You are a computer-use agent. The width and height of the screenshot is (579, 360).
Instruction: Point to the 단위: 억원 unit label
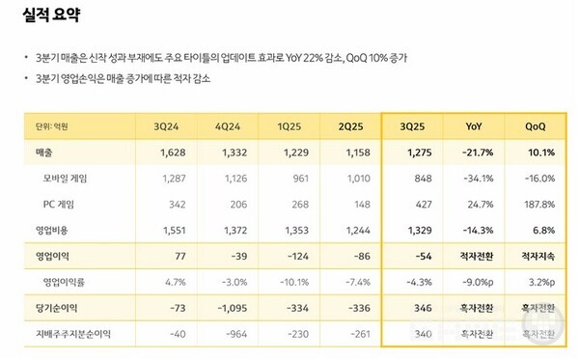52,126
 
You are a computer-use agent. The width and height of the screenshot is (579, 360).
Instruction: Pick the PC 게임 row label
61,205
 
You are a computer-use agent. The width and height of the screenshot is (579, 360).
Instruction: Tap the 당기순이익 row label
55,308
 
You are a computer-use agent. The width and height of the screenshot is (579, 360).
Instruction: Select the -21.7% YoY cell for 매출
480,152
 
